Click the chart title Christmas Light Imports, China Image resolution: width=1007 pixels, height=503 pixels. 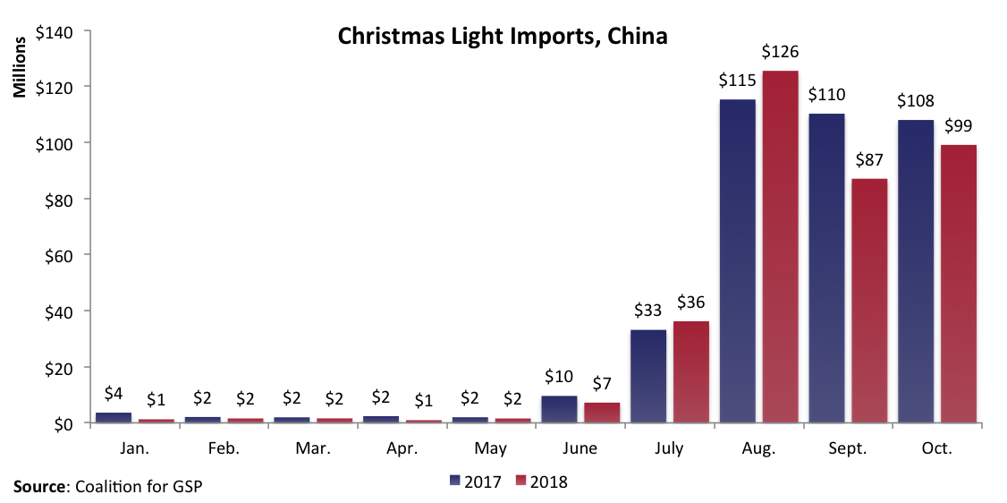pos(503,37)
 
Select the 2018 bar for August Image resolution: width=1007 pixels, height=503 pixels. pos(780,246)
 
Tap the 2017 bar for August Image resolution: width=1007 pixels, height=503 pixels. pos(737,260)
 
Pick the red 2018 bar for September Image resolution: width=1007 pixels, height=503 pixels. pos(869,301)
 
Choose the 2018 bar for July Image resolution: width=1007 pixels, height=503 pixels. pos(691,371)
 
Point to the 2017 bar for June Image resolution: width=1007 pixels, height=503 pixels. pos(559,409)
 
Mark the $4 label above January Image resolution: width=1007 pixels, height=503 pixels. pos(114,393)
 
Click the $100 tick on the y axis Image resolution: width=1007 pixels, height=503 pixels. pos(59,143)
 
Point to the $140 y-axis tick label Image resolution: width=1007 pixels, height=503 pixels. pos(59,31)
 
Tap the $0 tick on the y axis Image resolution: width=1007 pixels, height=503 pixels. pos(66,423)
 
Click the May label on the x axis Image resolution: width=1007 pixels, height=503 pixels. pos(492,448)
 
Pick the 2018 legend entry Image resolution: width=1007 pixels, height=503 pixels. pos(542,482)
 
